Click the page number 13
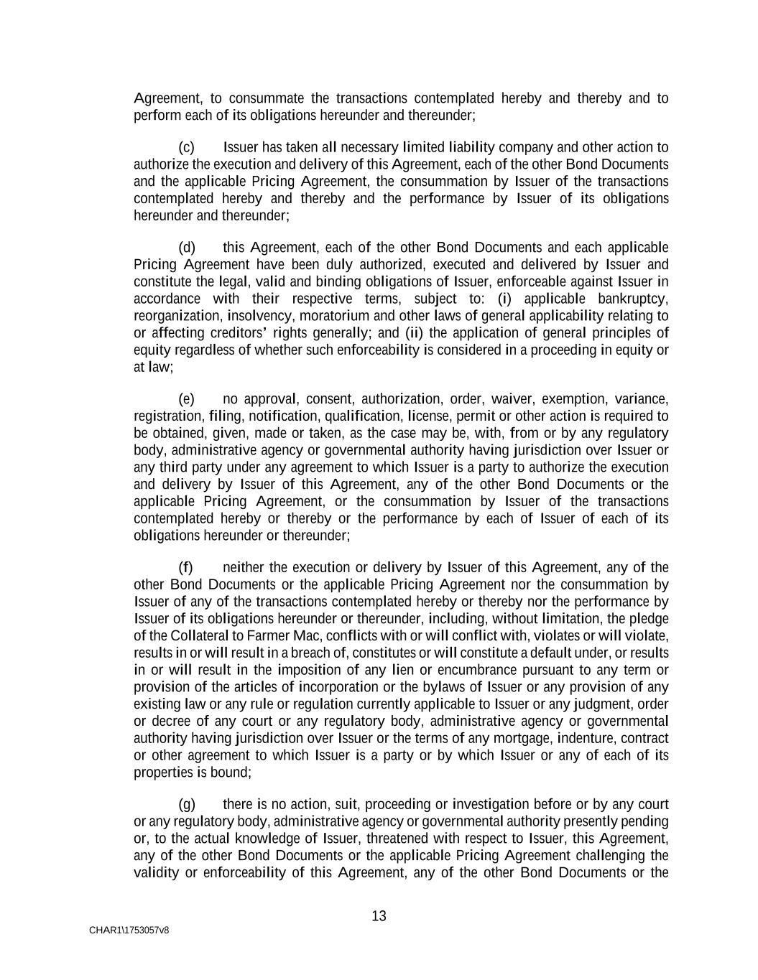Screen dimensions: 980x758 tap(379, 916)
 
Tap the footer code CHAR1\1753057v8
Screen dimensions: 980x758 tap(129, 930)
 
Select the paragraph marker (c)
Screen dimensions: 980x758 tap(187, 148)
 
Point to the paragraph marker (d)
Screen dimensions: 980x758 tap(187, 248)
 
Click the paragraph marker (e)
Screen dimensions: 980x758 tap(187, 399)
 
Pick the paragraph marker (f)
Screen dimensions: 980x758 tap(186, 568)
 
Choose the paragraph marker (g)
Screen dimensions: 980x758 tap(187, 805)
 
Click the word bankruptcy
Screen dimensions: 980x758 tap(634, 299)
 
